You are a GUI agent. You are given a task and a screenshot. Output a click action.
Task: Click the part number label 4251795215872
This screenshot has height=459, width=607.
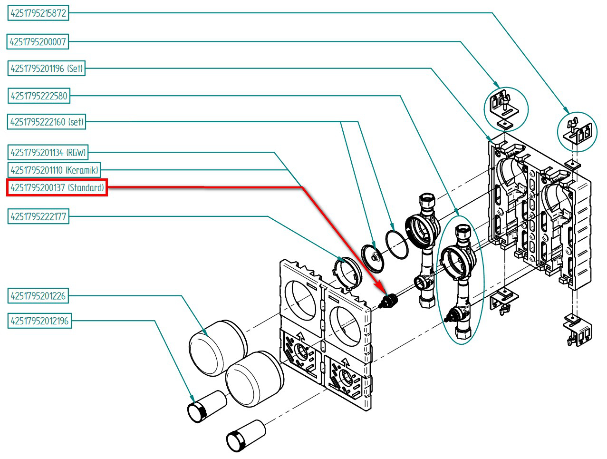[38, 13]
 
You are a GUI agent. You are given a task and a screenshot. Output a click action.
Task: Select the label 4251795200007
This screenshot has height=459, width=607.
[38, 42]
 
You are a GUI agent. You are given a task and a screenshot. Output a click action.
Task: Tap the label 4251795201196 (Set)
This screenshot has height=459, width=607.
[47, 68]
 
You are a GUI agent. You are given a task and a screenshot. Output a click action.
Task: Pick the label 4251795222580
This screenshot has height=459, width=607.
[39, 96]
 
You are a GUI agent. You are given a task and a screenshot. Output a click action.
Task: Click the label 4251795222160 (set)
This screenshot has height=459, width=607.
[47, 122]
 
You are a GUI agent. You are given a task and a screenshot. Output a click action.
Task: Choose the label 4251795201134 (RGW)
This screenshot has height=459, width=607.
[48, 153]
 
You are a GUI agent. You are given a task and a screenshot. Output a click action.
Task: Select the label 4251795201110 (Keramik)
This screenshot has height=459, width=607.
[54, 170]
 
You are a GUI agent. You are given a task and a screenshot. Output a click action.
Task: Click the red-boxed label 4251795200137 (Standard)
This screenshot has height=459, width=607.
[57, 188]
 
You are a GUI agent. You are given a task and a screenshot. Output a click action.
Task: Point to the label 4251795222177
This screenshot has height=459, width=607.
[39, 217]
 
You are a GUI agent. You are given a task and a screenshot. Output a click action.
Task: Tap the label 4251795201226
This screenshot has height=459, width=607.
[38, 296]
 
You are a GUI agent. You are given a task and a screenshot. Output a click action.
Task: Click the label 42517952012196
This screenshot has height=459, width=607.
[39, 321]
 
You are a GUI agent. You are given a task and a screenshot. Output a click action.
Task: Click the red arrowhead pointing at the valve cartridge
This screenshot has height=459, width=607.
[380, 288]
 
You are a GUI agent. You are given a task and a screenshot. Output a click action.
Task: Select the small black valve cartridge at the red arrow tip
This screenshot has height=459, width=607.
[389, 300]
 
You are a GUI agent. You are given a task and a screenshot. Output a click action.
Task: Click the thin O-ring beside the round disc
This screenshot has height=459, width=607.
[396, 244]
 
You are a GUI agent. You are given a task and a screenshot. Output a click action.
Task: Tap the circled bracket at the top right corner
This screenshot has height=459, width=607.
[577, 131]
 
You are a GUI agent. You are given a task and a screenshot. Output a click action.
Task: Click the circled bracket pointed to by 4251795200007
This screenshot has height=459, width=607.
[506, 109]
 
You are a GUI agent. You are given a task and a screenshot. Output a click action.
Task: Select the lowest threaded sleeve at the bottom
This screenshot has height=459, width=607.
[245, 435]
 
